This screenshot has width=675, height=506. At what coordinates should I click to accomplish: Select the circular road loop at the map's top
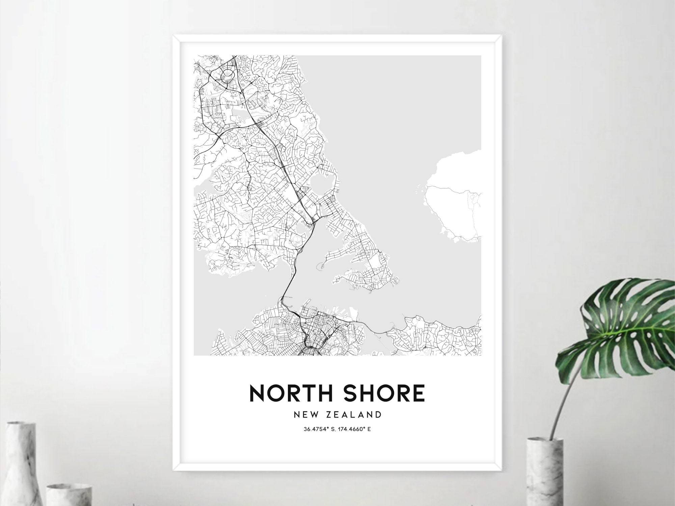228,74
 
